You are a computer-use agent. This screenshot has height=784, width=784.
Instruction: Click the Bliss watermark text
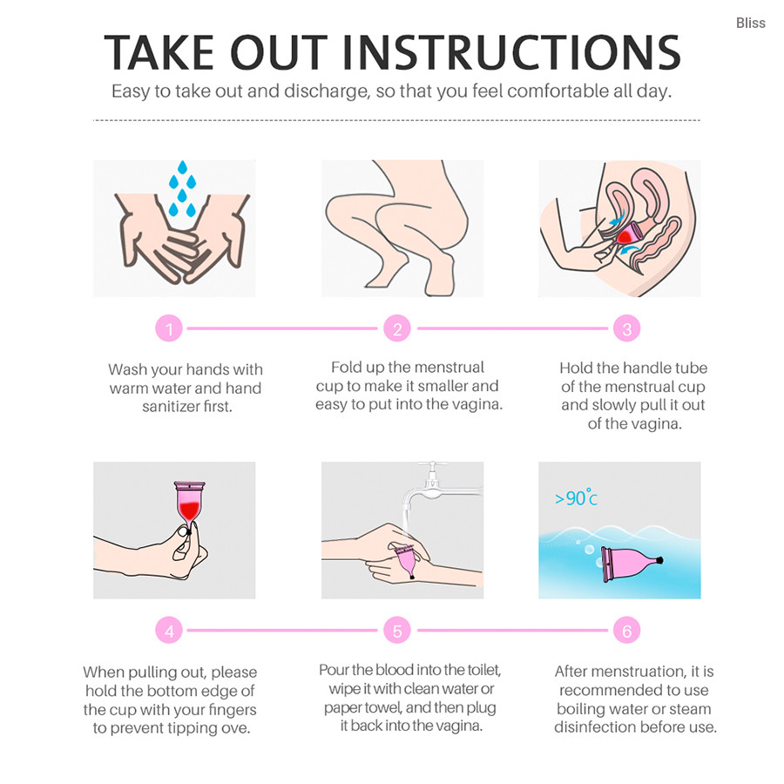[750, 23]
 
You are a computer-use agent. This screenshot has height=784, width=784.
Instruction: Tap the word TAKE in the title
[159, 52]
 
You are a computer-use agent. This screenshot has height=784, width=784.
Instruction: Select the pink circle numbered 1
[169, 328]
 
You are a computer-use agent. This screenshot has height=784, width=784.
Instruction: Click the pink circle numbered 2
[397, 328]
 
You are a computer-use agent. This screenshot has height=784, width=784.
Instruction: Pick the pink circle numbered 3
[626, 328]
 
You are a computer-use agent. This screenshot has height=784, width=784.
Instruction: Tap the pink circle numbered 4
[169, 631]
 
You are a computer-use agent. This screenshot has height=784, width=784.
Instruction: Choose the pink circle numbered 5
[397, 631]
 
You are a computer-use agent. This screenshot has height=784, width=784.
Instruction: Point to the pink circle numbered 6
[626, 631]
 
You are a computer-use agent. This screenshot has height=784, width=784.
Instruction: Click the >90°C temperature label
[576, 497]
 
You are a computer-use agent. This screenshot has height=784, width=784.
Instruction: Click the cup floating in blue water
[632, 564]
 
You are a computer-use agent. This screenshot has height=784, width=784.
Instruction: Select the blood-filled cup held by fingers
[190, 505]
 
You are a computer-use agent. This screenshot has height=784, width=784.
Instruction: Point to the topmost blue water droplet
[183, 167]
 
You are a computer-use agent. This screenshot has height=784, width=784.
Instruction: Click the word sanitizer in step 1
[171, 407]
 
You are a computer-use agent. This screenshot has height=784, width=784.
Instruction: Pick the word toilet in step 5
[483, 670]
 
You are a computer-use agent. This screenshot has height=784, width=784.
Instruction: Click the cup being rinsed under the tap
[406, 561]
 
